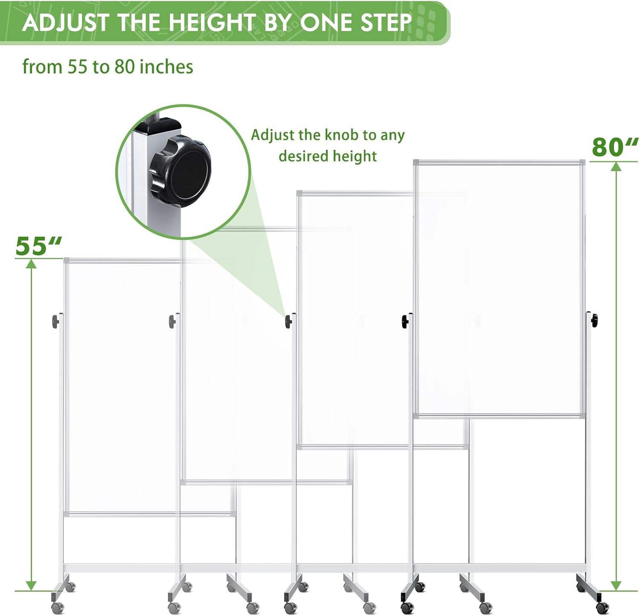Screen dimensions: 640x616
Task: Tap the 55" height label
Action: (38, 246)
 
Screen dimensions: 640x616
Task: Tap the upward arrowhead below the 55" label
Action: (31, 264)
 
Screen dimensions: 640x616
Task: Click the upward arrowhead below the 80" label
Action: (616, 166)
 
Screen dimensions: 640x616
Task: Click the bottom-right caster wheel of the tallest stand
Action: (602, 607)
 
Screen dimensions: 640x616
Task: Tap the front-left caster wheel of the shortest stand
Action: (57, 607)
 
